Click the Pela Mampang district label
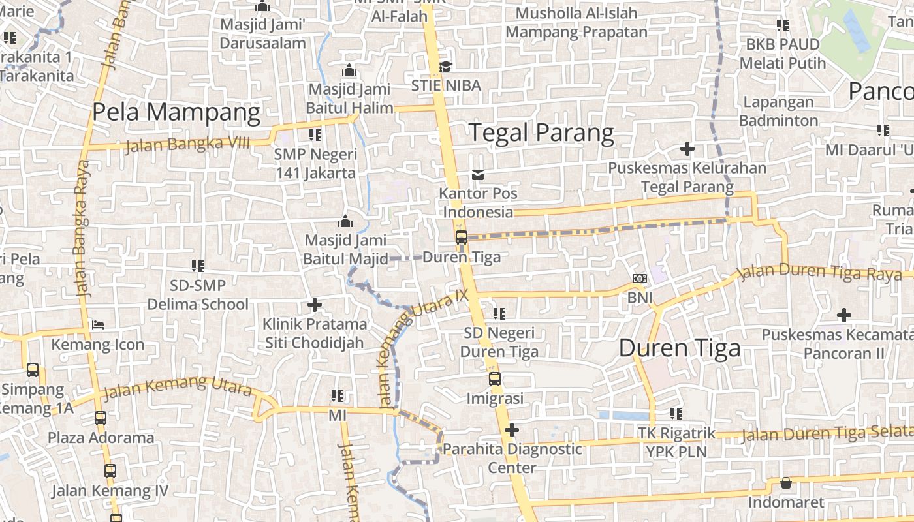pos(176,112)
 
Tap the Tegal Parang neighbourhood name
pos(542,132)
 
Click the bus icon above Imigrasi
pos(495,378)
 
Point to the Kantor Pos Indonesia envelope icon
pos(479,174)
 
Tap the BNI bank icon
pos(640,279)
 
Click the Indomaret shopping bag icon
pos(786,483)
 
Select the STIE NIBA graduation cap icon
pos(446,67)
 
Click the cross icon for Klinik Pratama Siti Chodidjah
pos(315,304)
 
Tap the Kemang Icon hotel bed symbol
pos(98,324)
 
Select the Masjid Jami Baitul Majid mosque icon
pos(345,221)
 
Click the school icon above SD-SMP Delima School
pos(198,266)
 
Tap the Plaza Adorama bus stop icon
pos(101,418)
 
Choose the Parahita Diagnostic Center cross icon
pos(512,429)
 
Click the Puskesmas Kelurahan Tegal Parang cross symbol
pos(687,149)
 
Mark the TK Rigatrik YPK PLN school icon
pos(676,413)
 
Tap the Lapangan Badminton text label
pos(778,111)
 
